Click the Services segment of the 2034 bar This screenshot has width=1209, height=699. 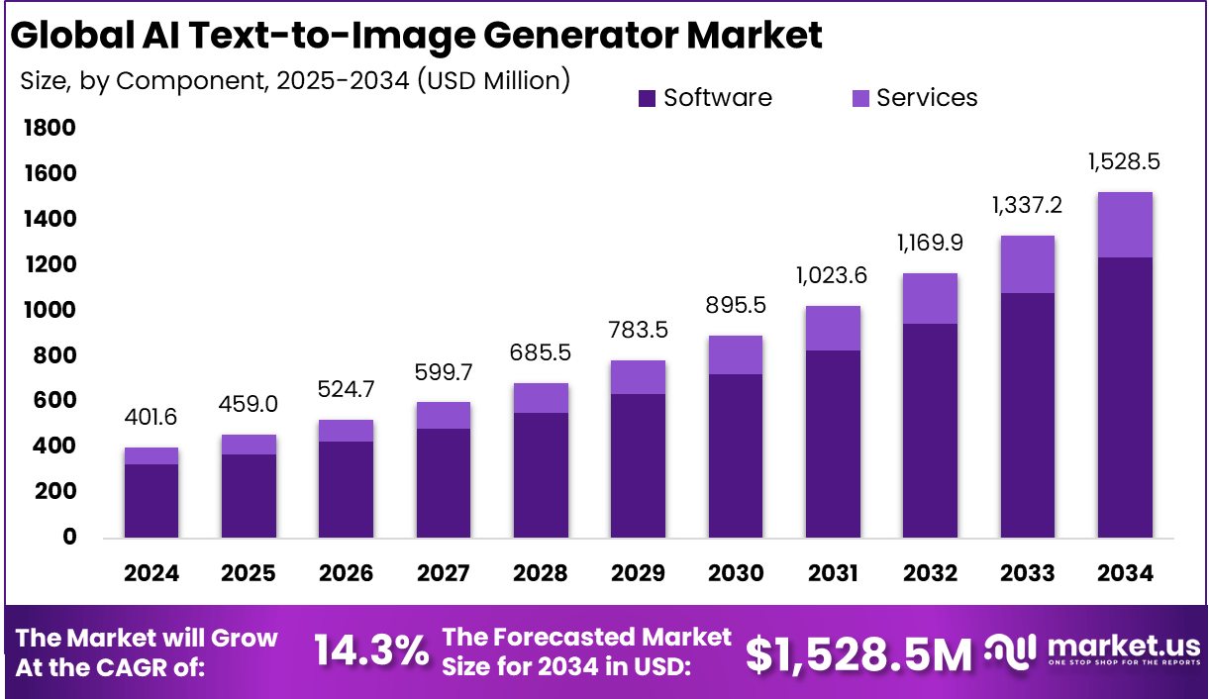1124,225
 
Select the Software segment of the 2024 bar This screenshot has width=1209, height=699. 151,501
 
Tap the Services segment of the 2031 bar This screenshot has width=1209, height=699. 832,328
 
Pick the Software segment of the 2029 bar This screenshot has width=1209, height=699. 638,465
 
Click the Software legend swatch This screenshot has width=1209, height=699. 648,98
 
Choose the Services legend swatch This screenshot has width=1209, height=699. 860,98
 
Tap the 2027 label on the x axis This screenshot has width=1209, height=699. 444,573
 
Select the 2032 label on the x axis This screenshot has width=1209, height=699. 930,573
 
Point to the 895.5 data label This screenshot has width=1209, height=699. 735,306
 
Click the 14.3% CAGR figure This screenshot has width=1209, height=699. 371,650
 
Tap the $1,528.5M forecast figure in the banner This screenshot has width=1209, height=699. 858,652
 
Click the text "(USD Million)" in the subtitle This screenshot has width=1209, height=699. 493,79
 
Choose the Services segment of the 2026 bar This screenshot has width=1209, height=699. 347,431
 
